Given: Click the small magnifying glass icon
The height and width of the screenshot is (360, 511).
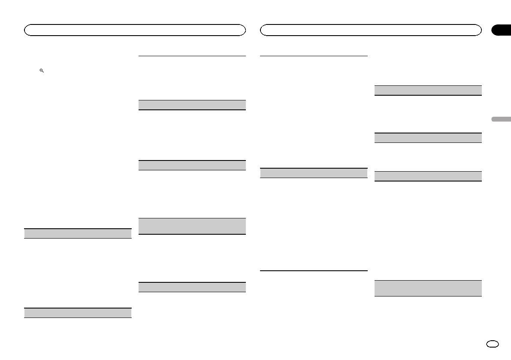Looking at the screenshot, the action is click(x=42, y=70).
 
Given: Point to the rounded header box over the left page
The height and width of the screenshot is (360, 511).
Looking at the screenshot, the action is click(x=135, y=30).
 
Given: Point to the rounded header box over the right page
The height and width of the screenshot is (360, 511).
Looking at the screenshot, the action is click(x=371, y=30).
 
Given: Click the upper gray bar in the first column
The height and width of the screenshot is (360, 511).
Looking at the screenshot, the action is click(x=78, y=233).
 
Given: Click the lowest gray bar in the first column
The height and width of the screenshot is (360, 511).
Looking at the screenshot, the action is click(x=78, y=313).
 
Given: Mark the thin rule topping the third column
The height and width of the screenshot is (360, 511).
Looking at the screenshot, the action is click(x=314, y=56).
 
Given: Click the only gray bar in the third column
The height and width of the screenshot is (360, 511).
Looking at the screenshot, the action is click(x=314, y=173).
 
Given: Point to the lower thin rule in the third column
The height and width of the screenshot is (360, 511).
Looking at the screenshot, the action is click(x=314, y=270).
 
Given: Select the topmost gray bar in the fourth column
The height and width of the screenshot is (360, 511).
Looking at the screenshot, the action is click(x=428, y=90).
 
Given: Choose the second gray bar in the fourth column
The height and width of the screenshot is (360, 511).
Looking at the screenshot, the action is click(x=428, y=138).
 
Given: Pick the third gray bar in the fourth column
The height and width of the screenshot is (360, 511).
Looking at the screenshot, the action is click(x=428, y=176).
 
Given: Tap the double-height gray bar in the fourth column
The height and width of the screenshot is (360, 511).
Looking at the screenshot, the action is click(x=428, y=288).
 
